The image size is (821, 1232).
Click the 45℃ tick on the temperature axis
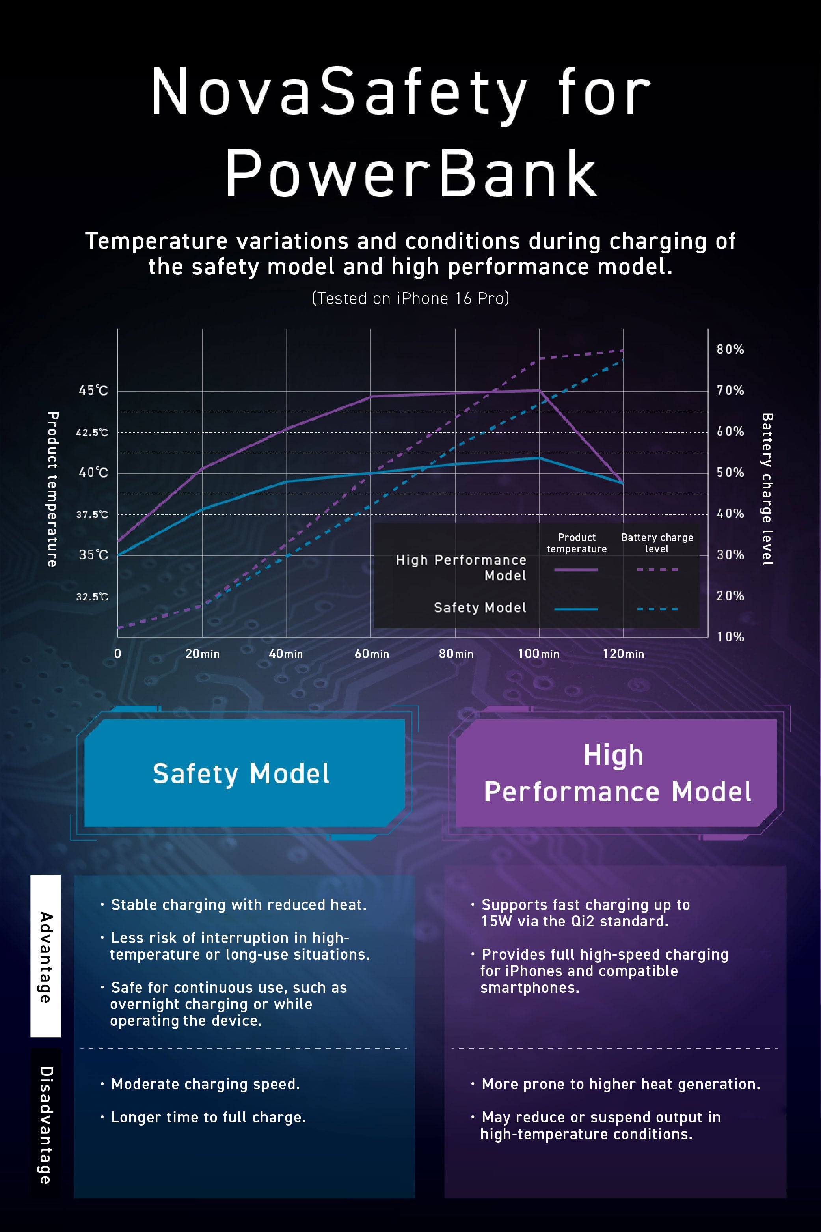point(93,391)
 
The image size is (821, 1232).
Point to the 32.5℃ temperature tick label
point(92,596)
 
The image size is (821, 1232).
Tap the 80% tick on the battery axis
point(730,349)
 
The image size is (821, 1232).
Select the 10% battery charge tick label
point(730,637)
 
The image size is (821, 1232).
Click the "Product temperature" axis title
point(52,488)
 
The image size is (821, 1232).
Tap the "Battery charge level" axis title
point(767,488)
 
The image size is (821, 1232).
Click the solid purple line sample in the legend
point(576,570)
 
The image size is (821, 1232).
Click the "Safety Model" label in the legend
point(480,608)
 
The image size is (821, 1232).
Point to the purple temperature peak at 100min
point(539,390)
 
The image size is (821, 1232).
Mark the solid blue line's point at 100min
point(539,458)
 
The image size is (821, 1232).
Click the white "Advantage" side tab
point(46,956)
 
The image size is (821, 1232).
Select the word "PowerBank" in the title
point(411,173)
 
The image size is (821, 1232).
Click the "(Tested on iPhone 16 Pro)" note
point(411,298)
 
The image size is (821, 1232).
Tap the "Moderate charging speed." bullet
point(205,1084)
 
